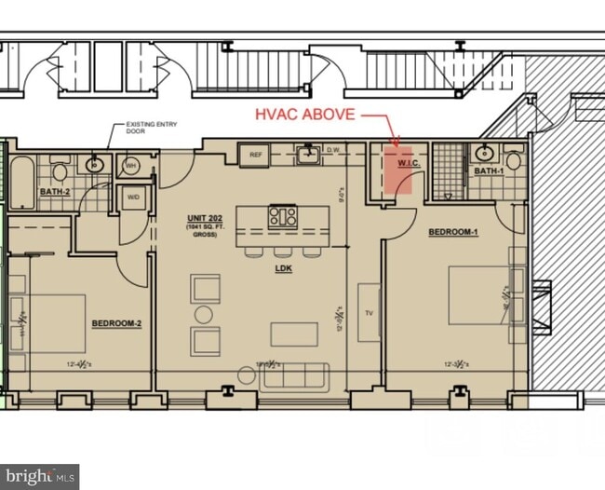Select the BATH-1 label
pyautogui.click(x=488, y=171)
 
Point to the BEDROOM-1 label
pyautogui.click(x=452, y=232)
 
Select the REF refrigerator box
pyautogui.click(x=253, y=156)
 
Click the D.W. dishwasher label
pyautogui.click(x=333, y=149)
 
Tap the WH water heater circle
pyautogui.click(x=130, y=166)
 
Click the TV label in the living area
pyautogui.click(x=369, y=313)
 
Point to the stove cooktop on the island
pyautogui.click(x=283, y=216)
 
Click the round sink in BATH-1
pyautogui.click(x=484, y=153)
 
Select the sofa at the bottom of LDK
pyautogui.click(x=295, y=377)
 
